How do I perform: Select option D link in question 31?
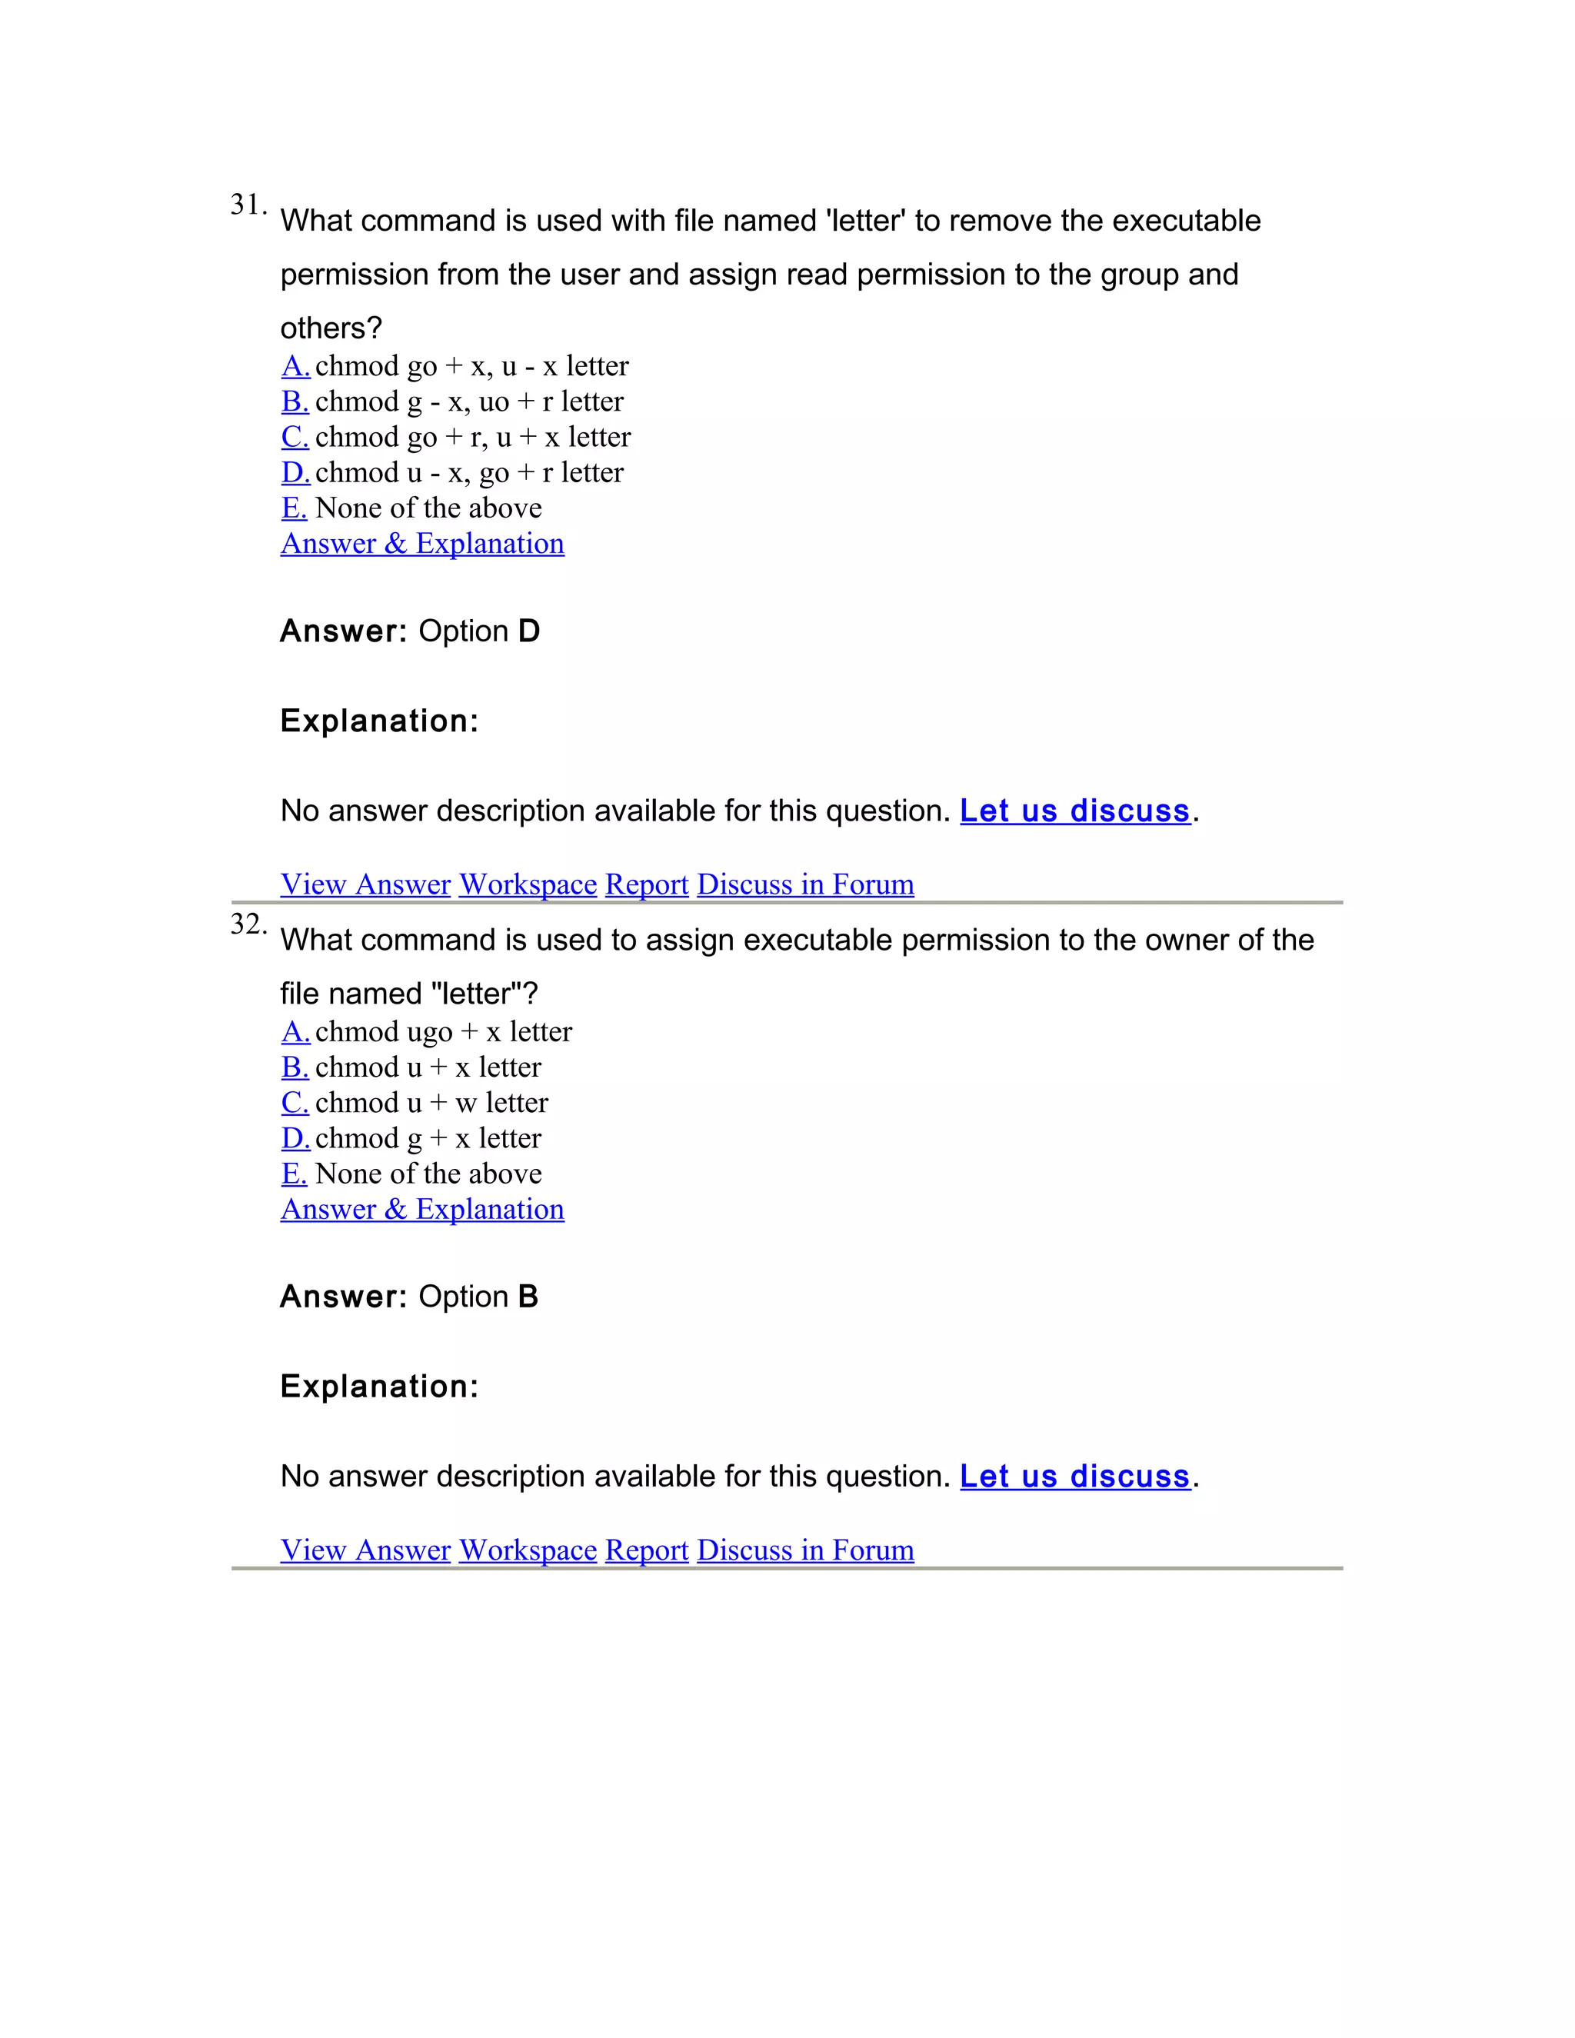(295, 472)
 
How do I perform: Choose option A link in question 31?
(295, 366)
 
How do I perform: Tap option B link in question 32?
(294, 1067)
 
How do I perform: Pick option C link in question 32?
(294, 1102)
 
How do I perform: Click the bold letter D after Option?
(529, 631)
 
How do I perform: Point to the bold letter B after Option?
(528, 1297)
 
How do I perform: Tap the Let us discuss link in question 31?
(1075, 811)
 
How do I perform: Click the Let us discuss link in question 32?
(1075, 1477)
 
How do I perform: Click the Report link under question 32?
(647, 1549)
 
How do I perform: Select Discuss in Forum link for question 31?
(805, 884)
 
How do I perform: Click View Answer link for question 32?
(366, 1549)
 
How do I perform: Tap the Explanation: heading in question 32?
(379, 1387)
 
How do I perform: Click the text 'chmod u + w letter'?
(431, 1102)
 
